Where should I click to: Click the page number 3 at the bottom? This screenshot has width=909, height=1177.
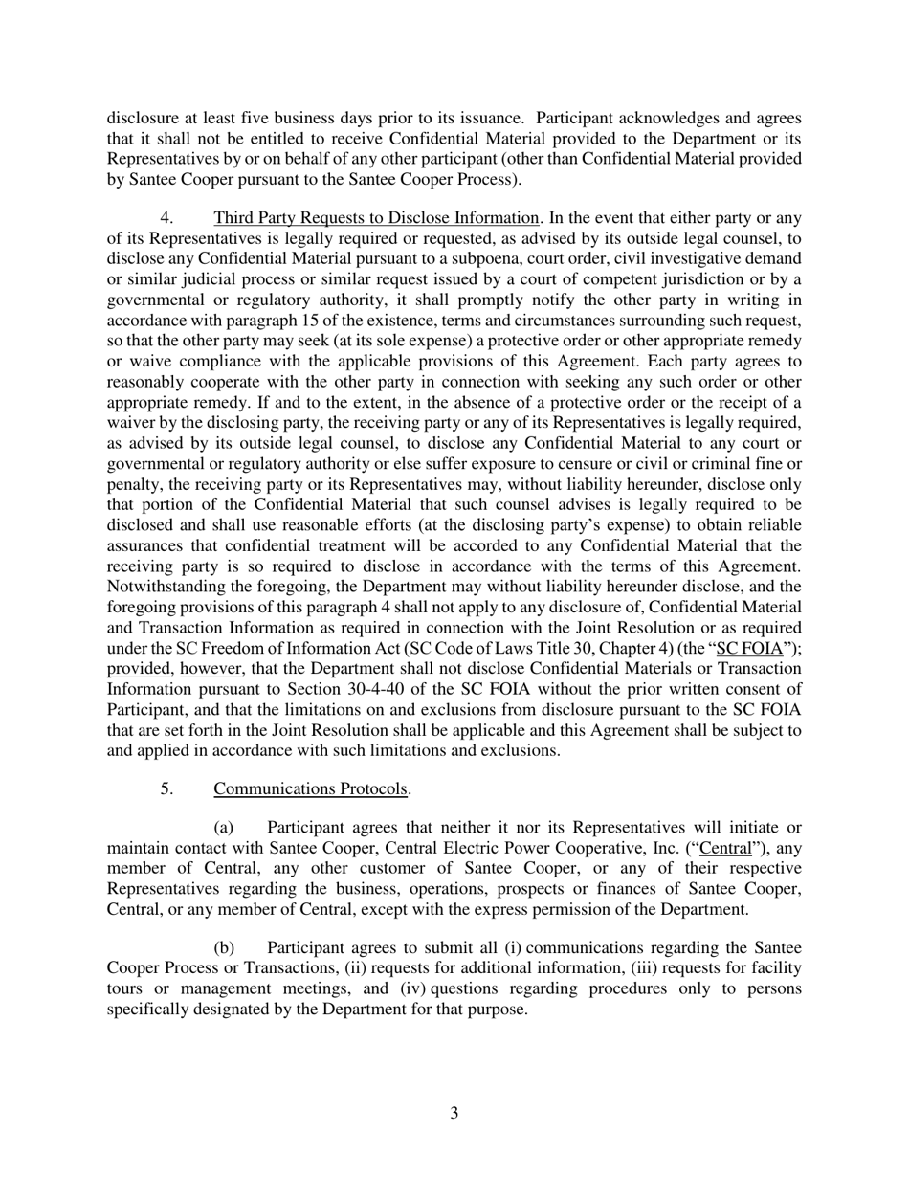[x=454, y=1113]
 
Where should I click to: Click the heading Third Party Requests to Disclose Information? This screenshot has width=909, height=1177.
[x=376, y=217]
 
